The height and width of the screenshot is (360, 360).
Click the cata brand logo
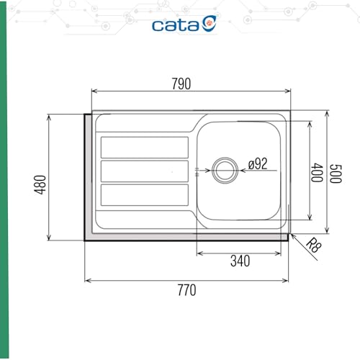pyautogui.click(x=184, y=24)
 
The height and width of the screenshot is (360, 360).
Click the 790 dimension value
pyautogui.click(x=181, y=84)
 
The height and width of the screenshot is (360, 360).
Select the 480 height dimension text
pyautogui.click(x=40, y=184)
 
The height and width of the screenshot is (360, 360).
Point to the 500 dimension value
pyautogui.click(x=334, y=174)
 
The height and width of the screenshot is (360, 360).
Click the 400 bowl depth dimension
pyautogui.click(x=317, y=174)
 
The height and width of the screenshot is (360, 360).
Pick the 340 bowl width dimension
pyautogui.click(x=240, y=261)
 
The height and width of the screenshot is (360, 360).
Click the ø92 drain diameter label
pyautogui.click(x=257, y=164)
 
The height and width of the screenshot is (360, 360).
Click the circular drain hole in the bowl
pyautogui.click(x=224, y=170)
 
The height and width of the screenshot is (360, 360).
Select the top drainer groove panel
pyautogui.click(x=145, y=147)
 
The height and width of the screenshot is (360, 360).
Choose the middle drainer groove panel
pyautogui.click(x=145, y=171)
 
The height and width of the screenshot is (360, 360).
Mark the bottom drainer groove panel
pyautogui.click(x=145, y=195)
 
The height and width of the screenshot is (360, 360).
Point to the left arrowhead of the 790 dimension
pyautogui.click(x=94, y=91)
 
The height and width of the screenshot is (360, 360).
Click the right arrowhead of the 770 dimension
pyautogui.click(x=287, y=280)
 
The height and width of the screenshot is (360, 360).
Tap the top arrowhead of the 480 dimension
pyautogui.click(x=49, y=115)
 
